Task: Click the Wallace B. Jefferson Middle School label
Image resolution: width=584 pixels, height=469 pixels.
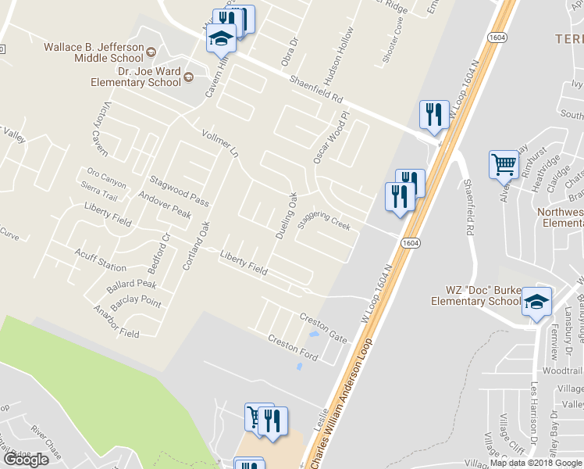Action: (94, 52)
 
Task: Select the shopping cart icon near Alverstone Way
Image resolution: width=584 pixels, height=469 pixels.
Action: (504, 165)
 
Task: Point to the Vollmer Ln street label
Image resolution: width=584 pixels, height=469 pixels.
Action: (219, 143)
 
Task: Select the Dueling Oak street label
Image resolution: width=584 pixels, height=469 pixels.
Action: (287, 215)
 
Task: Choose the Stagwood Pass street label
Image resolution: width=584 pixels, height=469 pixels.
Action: (179, 192)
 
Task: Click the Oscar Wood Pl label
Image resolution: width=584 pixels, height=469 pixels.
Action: (328, 137)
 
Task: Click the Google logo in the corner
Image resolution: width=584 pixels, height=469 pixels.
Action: (27, 460)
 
